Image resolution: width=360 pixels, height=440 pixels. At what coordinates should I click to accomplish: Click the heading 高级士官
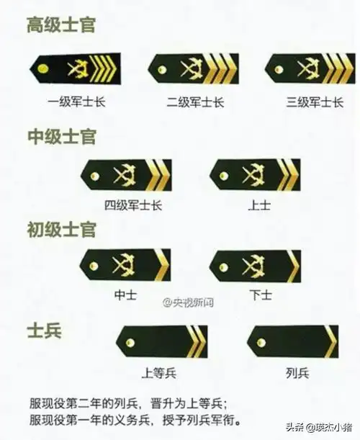coord(61,27)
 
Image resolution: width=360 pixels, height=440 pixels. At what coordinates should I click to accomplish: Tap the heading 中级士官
coord(61,136)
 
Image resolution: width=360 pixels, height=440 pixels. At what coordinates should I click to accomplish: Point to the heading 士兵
coord(44,331)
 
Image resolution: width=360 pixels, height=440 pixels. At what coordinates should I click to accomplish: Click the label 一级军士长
coord(76,102)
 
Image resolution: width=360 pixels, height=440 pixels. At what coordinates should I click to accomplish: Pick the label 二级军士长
coord(194,102)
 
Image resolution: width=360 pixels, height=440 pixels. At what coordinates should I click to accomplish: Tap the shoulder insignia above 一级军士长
coord(76,68)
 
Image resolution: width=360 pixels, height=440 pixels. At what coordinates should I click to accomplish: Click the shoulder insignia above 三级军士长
coord(310,68)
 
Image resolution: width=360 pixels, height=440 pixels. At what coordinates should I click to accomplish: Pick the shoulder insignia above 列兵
coord(292,341)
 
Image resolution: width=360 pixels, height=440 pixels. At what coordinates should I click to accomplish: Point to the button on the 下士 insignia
coord(223,266)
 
